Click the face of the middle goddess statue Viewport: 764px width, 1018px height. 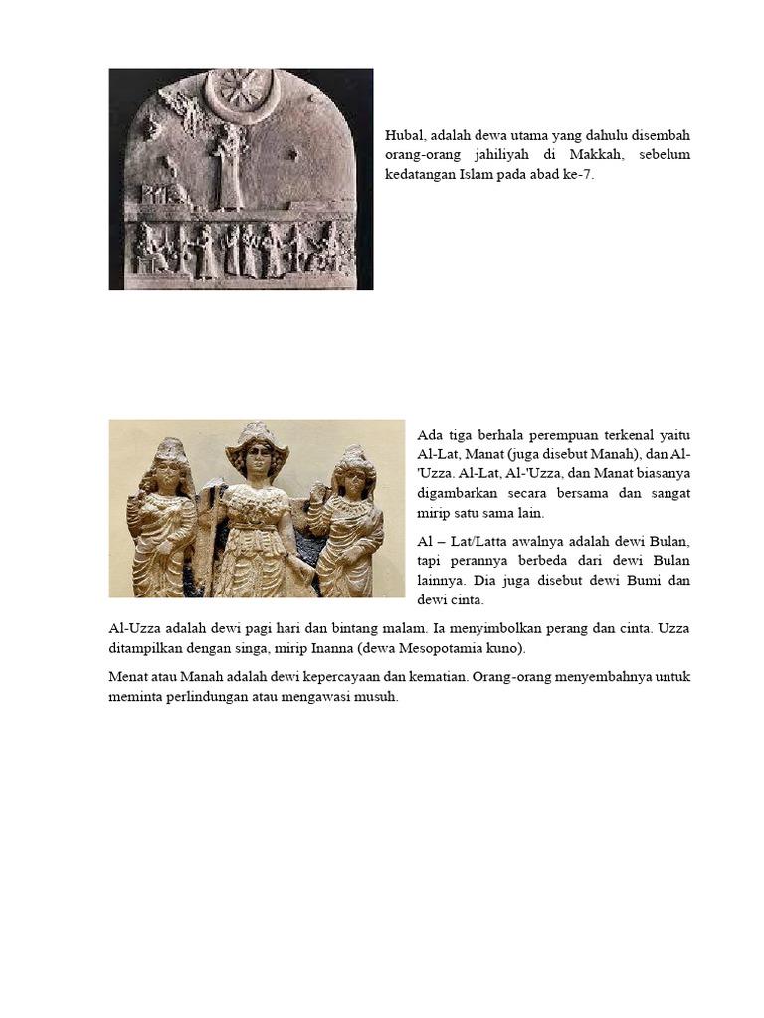[x=257, y=459]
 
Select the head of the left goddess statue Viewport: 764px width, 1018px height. [x=169, y=467]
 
